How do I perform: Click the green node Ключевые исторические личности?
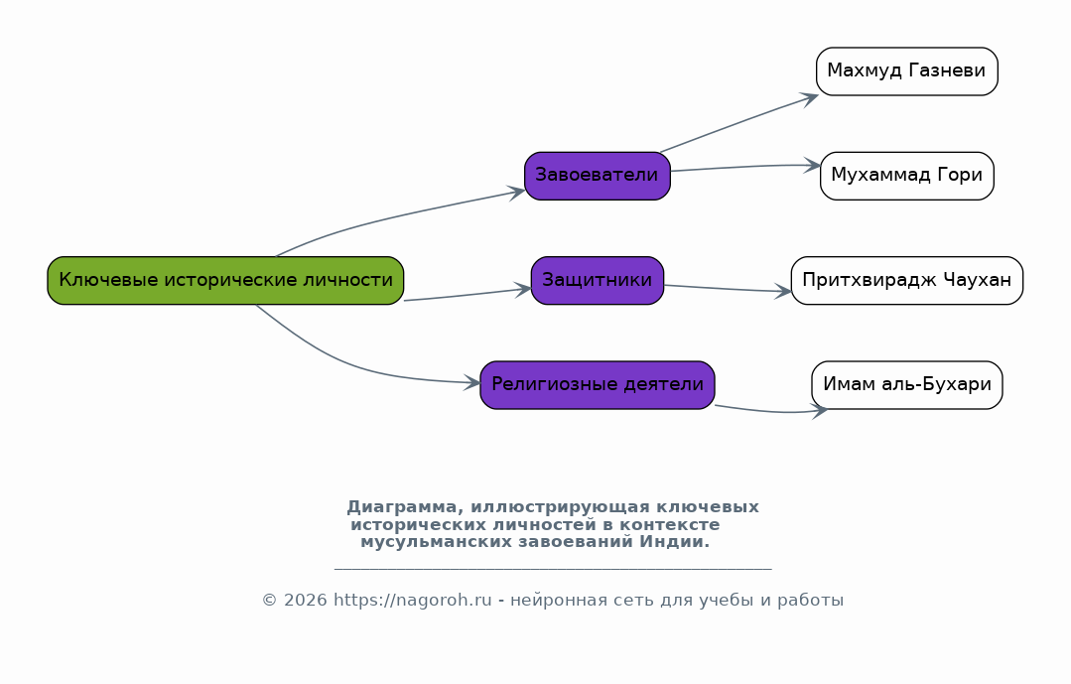pos(225,280)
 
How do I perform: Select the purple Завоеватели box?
pos(598,176)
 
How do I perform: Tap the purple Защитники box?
pos(598,280)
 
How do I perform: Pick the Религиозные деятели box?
pos(598,385)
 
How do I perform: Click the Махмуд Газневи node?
pos(907,71)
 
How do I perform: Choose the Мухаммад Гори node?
pos(907,176)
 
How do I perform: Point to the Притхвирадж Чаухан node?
pos(907,280)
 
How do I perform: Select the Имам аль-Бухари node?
pos(907,385)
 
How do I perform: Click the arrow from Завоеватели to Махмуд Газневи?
pos(739,122)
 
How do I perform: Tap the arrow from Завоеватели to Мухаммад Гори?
pos(745,167)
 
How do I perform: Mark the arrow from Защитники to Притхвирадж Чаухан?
pos(728,289)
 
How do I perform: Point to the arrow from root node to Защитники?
pos(468,295)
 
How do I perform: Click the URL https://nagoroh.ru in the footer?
pos(413,601)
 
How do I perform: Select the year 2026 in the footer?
pos(306,601)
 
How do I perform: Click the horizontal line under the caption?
pos(553,569)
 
